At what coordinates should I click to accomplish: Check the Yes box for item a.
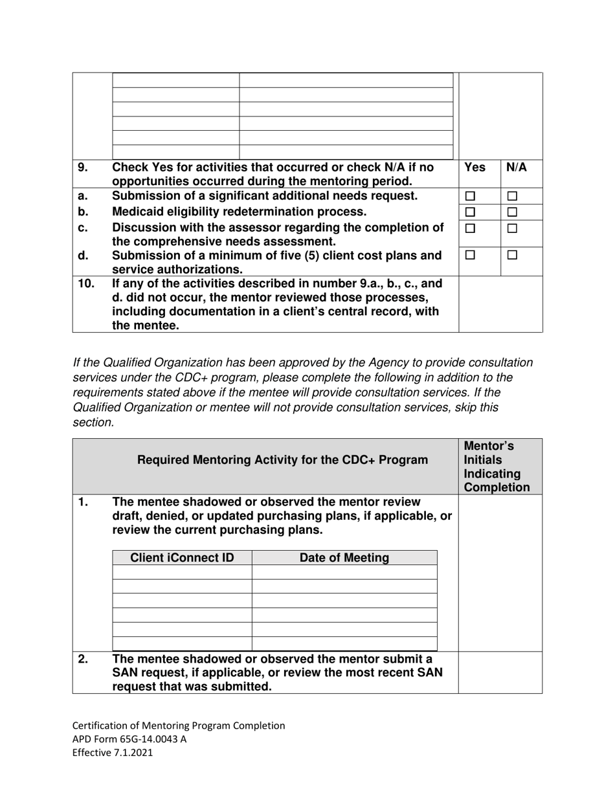click(x=471, y=196)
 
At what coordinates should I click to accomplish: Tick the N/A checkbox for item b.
click(x=512, y=212)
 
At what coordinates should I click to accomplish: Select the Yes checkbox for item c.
click(x=471, y=228)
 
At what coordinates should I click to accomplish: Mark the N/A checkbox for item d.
click(x=512, y=256)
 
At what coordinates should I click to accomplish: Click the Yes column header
click(x=475, y=167)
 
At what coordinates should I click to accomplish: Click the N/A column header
click(x=516, y=167)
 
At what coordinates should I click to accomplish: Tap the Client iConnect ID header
click(x=182, y=558)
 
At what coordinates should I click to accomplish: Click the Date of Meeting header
click(x=344, y=558)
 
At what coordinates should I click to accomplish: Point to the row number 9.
click(x=83, y=167)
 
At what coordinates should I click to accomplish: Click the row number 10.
click(x=85, y=283)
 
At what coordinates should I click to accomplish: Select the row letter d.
click(x=83, y=256)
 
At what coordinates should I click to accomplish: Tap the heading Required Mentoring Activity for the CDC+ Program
click(x=283, y=460)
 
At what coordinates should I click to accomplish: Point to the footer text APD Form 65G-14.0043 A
click(x=129, y=738)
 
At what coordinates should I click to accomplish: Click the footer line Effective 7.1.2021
click(x=113, y=752)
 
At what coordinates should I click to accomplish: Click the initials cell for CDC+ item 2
click(x=500, y=672)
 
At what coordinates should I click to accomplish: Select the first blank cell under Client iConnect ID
click(x=182, y=572)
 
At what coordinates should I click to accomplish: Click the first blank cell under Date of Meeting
click(x=344, y=572)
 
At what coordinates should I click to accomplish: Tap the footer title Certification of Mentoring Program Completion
click(x=178, y=725)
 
